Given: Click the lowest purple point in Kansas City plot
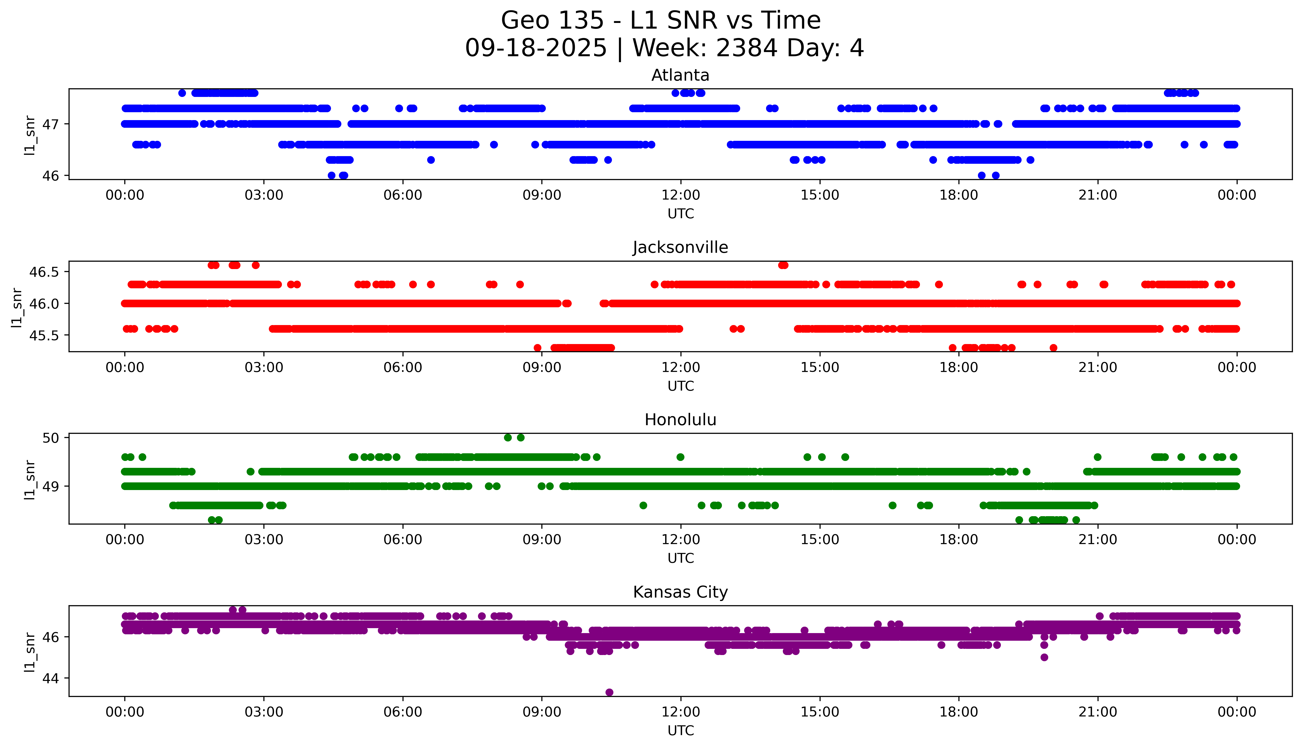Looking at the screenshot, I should [x=609, y=692].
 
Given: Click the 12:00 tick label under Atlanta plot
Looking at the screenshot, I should [x=680, y=195].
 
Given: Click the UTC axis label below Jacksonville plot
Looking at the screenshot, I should [x=680, y=386].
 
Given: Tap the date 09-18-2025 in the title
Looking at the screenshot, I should [x=536, y=48].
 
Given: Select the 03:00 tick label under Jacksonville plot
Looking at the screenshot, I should [x=264, y=367].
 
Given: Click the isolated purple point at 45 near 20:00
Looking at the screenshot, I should [x=1044, y=657].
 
